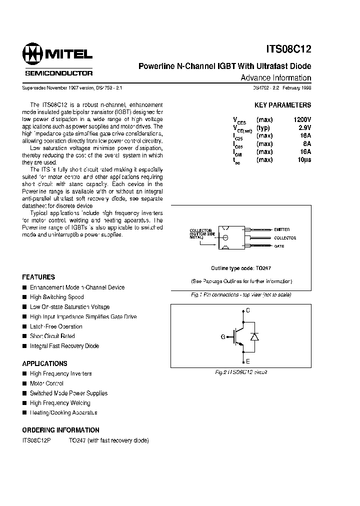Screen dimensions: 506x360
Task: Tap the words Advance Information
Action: coord(275,78)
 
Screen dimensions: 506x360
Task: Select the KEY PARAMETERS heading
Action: coord(282,105)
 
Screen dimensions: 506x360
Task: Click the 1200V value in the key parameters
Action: coord(301,120)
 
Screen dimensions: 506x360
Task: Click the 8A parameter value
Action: coord(306,144)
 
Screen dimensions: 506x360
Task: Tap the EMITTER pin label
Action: coord(281,229)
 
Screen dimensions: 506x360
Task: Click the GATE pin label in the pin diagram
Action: coord(279,246)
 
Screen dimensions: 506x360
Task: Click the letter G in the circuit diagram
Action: coord(223,336)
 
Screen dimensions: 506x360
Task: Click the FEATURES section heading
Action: coord(38,277)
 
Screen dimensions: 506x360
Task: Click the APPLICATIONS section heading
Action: coord(44,363)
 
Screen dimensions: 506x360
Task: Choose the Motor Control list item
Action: coord(46,383)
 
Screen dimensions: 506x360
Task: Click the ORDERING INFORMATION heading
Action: coord(60,430)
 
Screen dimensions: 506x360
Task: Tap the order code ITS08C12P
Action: coord(37,440)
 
